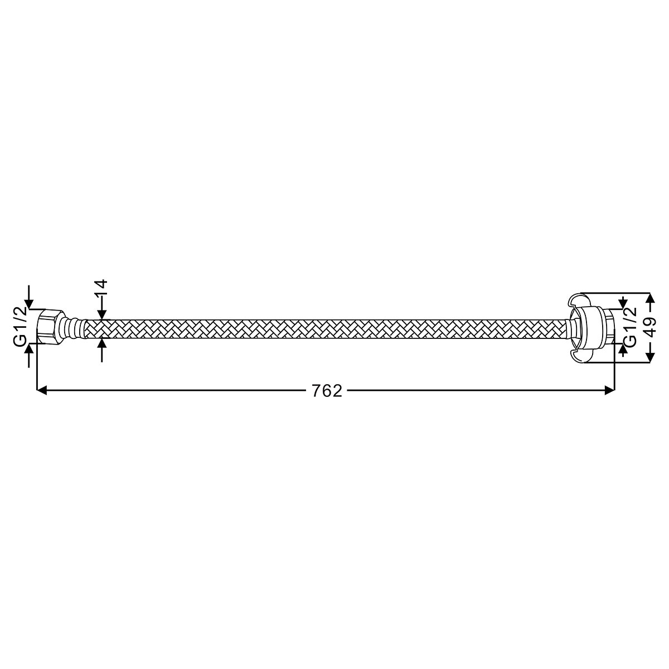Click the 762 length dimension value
coord(327,391)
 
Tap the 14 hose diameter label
coord(101,287)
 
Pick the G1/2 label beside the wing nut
coord(630,327)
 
